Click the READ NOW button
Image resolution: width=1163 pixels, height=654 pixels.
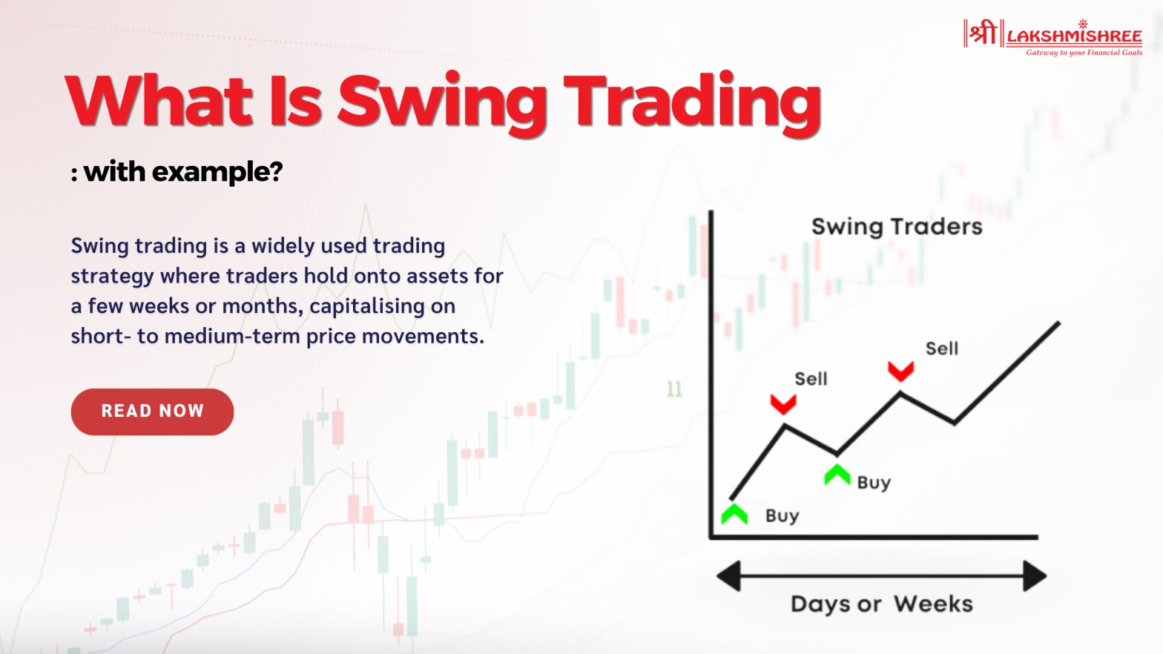tap(152, 412)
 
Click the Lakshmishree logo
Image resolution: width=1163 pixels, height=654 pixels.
tap(1052, 36)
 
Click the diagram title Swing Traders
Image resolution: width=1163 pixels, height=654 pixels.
tap(896, 226)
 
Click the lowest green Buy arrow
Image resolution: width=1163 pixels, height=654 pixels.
tap(734, 514)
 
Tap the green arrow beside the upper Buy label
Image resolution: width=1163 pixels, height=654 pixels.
tap(837, 475)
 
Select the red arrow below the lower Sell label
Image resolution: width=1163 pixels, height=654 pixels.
tap(783, 404)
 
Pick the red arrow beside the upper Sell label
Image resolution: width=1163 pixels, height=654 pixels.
tap(900, 371)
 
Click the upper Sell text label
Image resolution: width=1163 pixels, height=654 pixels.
tap(941, 349)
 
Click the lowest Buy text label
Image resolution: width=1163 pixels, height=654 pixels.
tap(782, 516)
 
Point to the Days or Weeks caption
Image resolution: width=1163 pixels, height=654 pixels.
tap(881, 604)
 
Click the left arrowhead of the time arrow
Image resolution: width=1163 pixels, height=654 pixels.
tap(729, 576)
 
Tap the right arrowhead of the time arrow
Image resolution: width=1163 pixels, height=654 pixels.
tap(1035, 576)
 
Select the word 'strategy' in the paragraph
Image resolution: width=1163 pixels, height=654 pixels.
tap(112, 277)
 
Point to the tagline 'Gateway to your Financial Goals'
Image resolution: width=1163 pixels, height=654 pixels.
tap(1084, 53)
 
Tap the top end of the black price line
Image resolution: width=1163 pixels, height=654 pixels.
tap(1058, 323)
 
